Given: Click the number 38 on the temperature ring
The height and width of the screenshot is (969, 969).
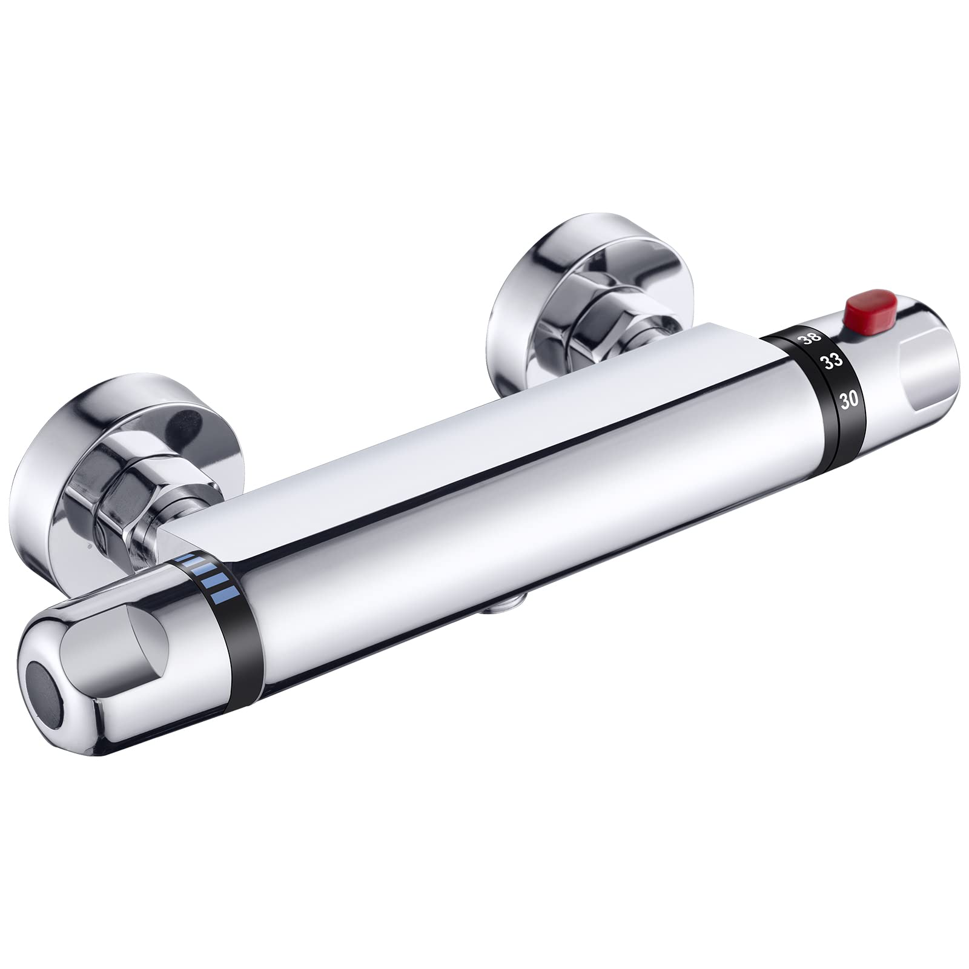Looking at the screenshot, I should click(810, 339).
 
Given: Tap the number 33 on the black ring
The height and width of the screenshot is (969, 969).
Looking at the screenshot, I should click(832, 362).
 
